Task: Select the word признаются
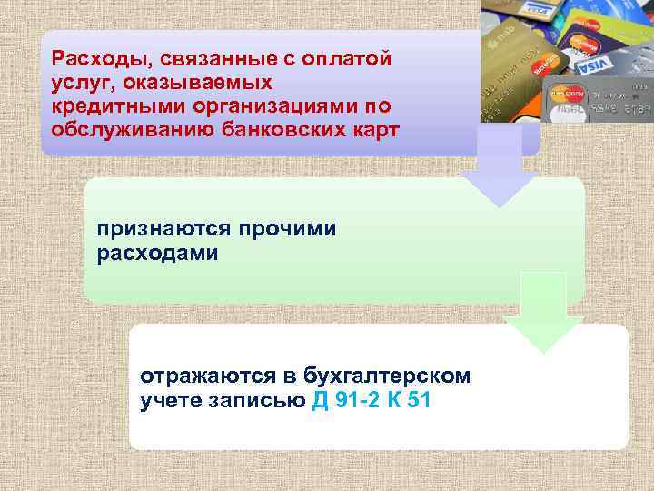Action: [x=163, y=229]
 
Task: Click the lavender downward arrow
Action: [x=498, y=168]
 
